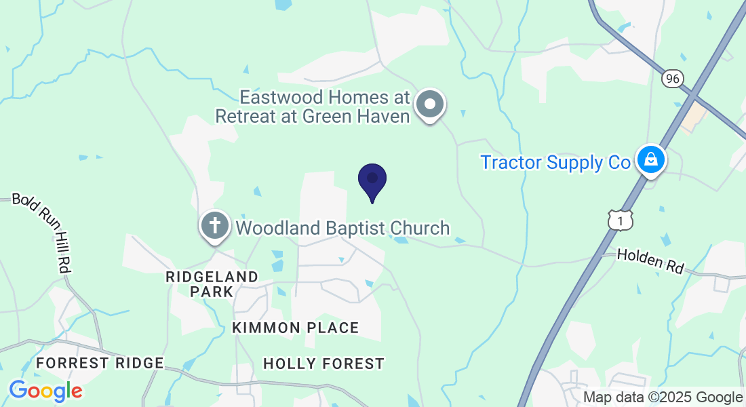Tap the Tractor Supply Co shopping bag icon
[x=650, y=160]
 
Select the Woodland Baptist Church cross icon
[x=215, y=225]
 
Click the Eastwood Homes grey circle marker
[x=429, y=104]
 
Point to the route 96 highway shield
[x=671, y=79]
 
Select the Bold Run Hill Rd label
[x=41, y=233]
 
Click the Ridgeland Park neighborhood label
[x=212, y=284]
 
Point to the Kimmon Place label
[x=295, y=328]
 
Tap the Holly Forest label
[x=323, y=364]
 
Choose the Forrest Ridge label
[x=100, y=363]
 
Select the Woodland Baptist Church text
[x=342, y=228]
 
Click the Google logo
[x=45, y=391]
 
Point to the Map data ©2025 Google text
[x=663, y=398]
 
